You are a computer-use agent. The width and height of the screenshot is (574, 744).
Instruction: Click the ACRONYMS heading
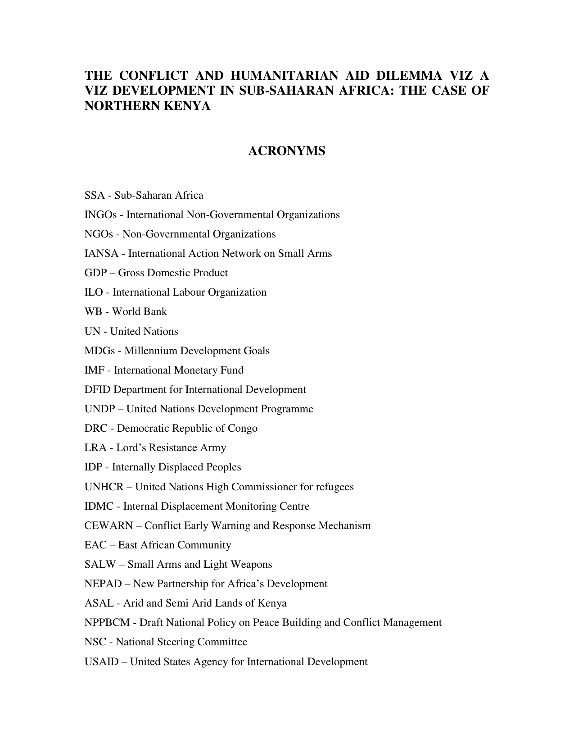[287, 151]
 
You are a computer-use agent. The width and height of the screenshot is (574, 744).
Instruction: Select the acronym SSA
[95, 196]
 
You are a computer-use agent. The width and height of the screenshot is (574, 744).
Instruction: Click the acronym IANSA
[101, 254]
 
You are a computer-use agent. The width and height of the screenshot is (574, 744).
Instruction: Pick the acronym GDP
[95, 273]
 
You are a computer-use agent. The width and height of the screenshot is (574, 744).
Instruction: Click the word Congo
[243, 429]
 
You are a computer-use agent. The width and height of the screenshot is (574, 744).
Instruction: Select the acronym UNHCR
[104, 487]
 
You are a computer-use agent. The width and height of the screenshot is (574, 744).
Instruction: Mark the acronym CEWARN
[108, 526]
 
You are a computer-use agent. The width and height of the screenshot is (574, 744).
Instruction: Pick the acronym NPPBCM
[107, 623]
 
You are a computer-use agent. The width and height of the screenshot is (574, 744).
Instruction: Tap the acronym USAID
[101, 662]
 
